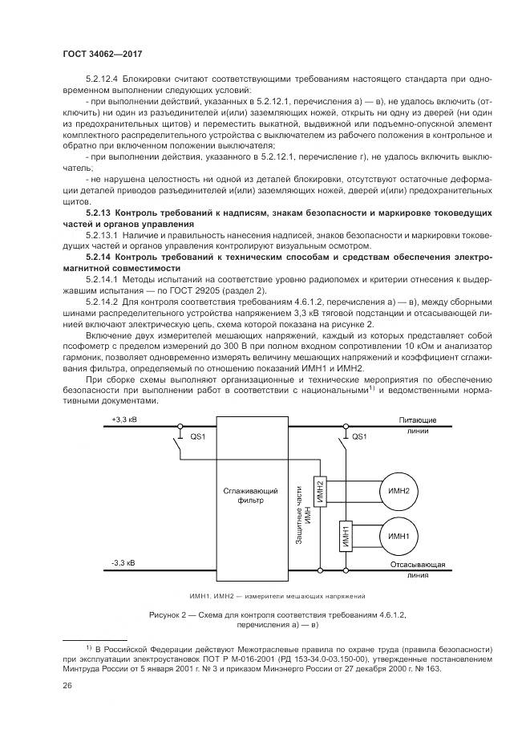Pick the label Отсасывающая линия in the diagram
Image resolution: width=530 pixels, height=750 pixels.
pos(423,570)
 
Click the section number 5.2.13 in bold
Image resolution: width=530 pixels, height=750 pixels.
pos(102,211)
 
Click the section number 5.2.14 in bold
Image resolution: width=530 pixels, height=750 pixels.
pos(102,256)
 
